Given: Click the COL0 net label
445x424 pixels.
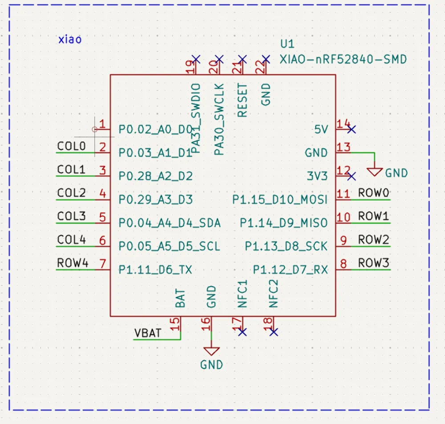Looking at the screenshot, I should click(71, 146).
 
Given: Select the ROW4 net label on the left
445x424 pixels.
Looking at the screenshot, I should click(73, 263).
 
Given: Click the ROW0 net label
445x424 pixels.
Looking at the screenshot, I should click(374, 193).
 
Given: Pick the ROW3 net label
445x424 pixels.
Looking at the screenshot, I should click(374, 263).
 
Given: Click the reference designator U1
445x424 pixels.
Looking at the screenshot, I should click(287, 44).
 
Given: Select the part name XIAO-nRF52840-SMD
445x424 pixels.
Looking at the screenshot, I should click(343, 59).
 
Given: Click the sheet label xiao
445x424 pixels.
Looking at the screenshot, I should click(70, 39).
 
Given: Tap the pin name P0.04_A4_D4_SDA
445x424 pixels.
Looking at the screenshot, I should click(170, 222).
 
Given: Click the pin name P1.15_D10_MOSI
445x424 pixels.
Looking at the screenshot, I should click(280, 199).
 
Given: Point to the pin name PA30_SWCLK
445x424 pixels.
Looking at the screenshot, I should click(219, 119).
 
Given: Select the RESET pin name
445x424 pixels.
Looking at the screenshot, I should click(243, 100).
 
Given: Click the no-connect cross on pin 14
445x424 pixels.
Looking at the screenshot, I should click(352, 129).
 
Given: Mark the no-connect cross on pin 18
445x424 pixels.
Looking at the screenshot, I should click(274, 332).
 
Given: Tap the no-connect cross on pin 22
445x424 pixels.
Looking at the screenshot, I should click(266, 59).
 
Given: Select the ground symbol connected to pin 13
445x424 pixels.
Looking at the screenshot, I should click(375, 171).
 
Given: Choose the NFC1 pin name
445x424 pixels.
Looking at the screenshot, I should click(243, 294).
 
